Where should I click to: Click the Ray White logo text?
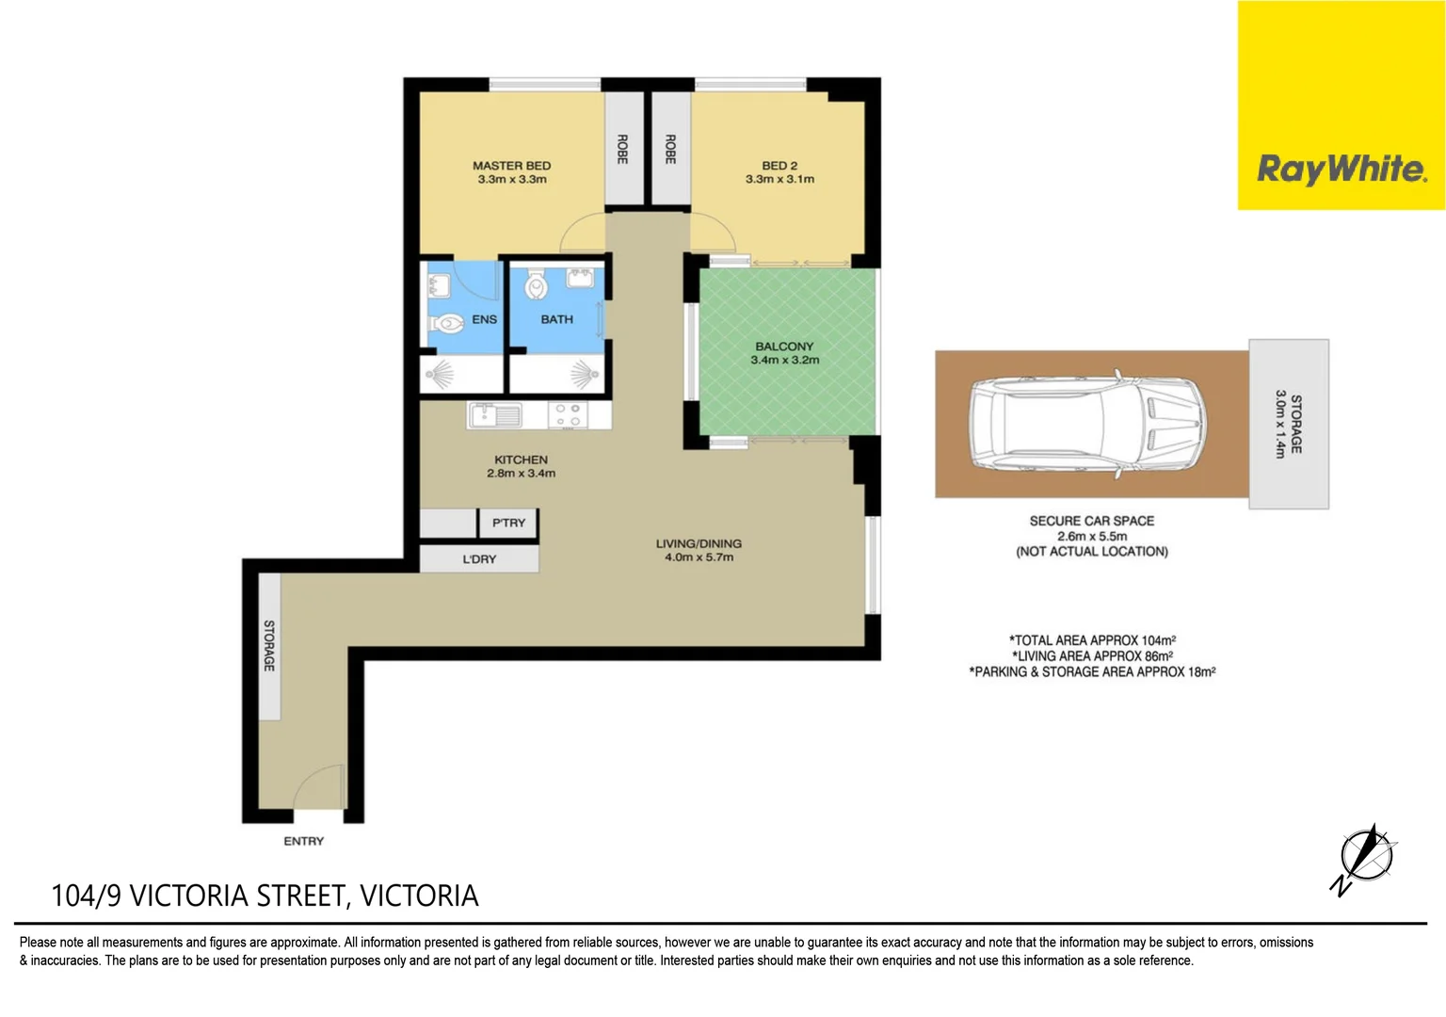pyautogui.click(x=1342, y=169)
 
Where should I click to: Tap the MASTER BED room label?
pyautogui.click(x=511, y=166)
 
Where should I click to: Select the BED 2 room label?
pyautogui.click(x=779, y=166)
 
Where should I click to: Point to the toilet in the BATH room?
pyautogui.click(x=536, y=285)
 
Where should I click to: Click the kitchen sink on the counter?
pyautogui.click(x=494, y=414)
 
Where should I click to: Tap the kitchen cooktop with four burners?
pyautogui.click(x=567, y=415)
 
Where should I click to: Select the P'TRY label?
pyautogui.click(x=508, y=523)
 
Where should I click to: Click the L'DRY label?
pyautogui.click(x=479, y=559)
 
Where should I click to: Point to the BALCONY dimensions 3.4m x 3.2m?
pyautogui.click(x=784, y=360)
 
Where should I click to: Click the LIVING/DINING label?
pyautogui.click(x=699, y=543)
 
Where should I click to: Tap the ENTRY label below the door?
pyautogui.click(x=303, y=841)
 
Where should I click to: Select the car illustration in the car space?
pyautogui.click(x=1087, y=424)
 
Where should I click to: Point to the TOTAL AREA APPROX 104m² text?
pyautogui.click(x=1092, y=640)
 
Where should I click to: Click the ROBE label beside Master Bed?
pyautogui.click(x=622, y=149)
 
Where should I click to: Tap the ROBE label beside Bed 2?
pyautogui.click(x=670, y=149)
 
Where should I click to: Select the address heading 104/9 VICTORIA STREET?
pyautogui.click(x=265, y=896)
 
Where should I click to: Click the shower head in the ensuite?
pyautogui.click(x=440, y=376)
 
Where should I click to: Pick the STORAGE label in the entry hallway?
pyautogui.click(x=269, y=645)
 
